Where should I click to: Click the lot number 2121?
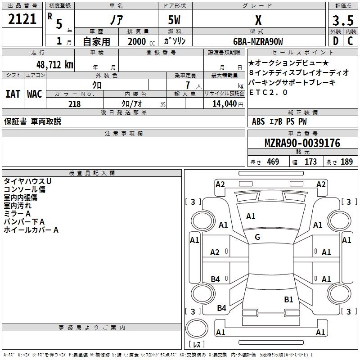click(22, 19)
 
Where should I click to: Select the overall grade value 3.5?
click(342, 20)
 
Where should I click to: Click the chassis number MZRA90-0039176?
click(302, 143)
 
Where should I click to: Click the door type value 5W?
click(174, 20)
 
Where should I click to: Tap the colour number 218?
click(74, 104)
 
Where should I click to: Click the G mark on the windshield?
click(257, 237)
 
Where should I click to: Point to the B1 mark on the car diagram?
click(288, 299)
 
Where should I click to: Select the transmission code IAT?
click(13, 94)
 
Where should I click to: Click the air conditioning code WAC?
click(34, 94)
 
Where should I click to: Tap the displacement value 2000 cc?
click(137, 41)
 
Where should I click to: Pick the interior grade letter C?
click(350, 41)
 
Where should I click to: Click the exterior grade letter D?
click(335, 41)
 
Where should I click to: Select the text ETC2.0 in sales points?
click(268, 93)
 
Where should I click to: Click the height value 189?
click(346, 162)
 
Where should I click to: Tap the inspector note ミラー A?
click(17, 214)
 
